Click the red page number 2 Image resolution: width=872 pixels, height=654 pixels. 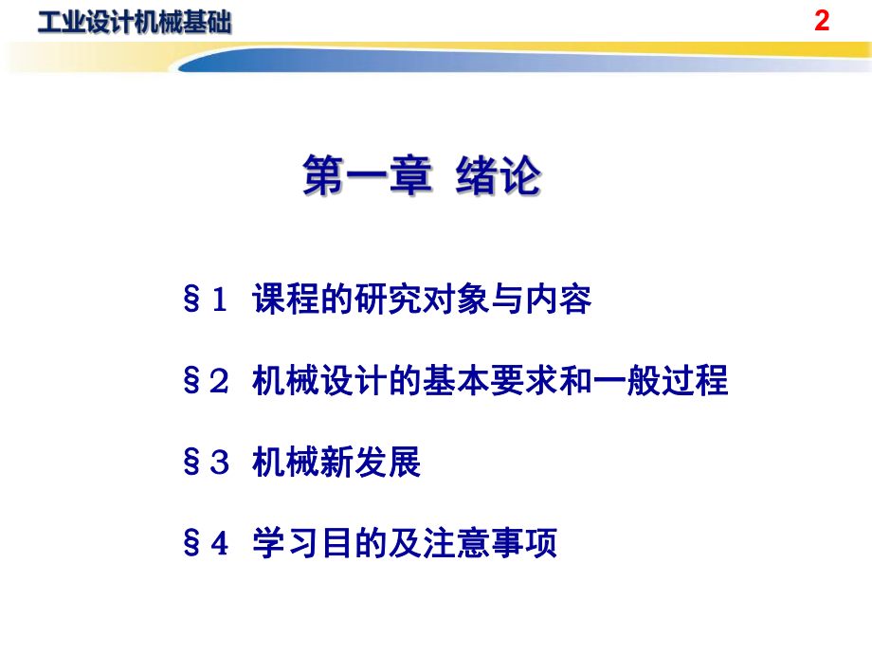(x=822, y=21)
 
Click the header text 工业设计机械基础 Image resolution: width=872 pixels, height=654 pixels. (x=132, y=22)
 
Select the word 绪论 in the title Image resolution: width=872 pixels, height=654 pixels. (x=498, y=177)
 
